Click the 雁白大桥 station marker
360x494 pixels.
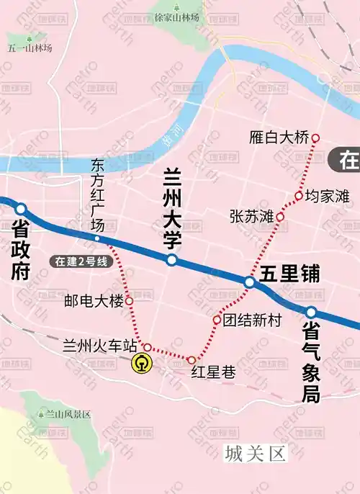click(315, 138)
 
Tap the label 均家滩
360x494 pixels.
click(327, 195)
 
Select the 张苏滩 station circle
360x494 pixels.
click(280, 217)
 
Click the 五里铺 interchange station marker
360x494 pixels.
click(250, 283)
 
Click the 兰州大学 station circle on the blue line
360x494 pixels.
click(171, 260)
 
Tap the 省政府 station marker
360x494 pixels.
click(21, 209)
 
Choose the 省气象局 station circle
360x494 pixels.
click(311, 313)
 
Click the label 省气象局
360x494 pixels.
click(311, 360)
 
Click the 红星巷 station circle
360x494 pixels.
click(192, 359)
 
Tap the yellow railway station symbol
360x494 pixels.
click(142, 364)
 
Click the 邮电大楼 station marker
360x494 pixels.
click(130, 300)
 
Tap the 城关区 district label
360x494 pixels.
click(255, 454)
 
